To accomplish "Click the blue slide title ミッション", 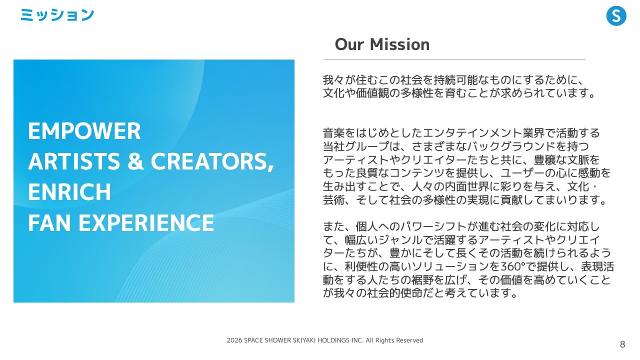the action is tap(57, 15).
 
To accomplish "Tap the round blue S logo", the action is tap(616, 16).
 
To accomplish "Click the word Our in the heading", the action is tap(349, 44).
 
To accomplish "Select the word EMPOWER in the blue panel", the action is tap(84, 131).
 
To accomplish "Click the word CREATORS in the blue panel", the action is tap(212, 161).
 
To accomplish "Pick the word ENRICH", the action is tap(69, 191).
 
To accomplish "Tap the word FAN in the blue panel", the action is tap(49, 222).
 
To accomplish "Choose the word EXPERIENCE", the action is tap(146, 222).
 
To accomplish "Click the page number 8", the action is tap(622, 344).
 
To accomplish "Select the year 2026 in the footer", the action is tap(234, 340).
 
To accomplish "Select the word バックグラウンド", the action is tap(511, 146).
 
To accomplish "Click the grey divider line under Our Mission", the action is tap(454, 59).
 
